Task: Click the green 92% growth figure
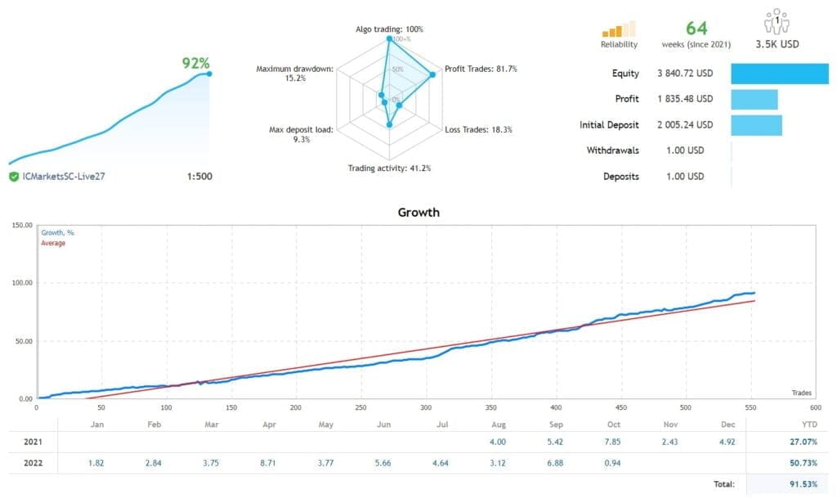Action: (x=195, y=62)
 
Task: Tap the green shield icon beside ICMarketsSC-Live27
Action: (x=14, y=177)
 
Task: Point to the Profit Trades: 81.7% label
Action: (x=480, y=69)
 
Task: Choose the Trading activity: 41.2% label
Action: (x=390, y=169)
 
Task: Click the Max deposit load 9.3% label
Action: (x=301, y=135)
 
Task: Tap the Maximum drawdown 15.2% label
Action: (x=294, y=74)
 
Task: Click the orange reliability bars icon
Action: (x=619, y=29)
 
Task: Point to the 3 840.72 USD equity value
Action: (x=684, y=74)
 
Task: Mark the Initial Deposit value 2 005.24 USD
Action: (x=684, y=125)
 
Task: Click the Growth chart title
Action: (x=418, y=213)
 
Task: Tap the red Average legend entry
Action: (x=53, y=244)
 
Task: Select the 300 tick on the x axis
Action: (x=425, y=407)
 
